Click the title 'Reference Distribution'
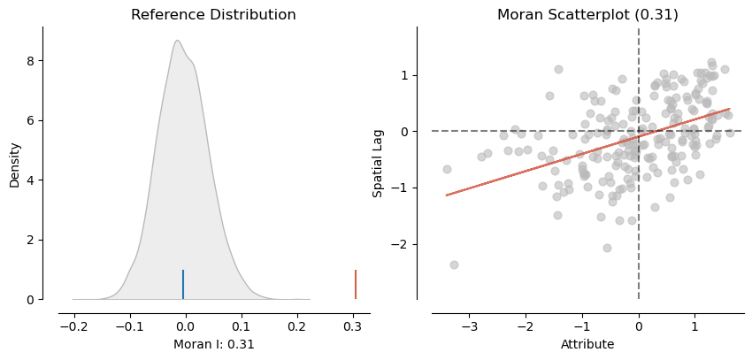(x=213, y=15)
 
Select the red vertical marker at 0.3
(x=356, y=284)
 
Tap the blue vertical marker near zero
(x=183, y=284)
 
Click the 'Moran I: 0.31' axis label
(x=213, y=344)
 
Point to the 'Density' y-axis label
(x=14, y=164)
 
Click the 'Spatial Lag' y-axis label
(x=378, y=164)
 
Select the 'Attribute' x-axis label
(x=587, y=344)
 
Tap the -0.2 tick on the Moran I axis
(x=73, y=326)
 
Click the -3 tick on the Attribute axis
(x=469, y=326)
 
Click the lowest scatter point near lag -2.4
(x=454, y=264)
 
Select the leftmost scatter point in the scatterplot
(x=447, y=169)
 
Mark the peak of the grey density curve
(x=177, y=41)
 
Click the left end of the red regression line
(x=447, y=195)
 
